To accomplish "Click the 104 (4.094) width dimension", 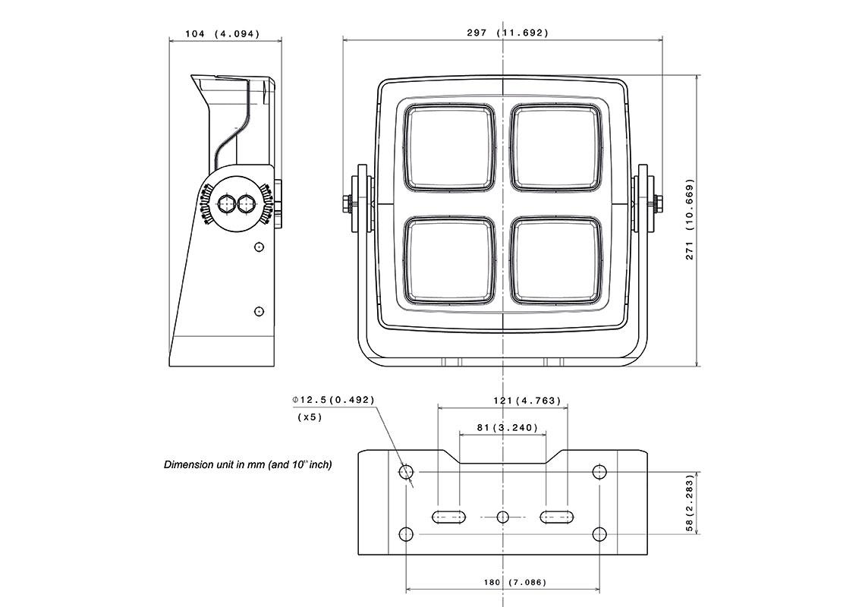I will (222, 33).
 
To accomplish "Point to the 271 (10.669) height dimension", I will (690, 219).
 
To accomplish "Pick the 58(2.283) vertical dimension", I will (690, 504).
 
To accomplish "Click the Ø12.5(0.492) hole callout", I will (334, 400).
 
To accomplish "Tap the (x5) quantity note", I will (310, 417).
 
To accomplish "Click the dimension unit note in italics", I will (247, 464).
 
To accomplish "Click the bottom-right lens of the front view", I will (558, 259).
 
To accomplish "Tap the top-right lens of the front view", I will (558, 147).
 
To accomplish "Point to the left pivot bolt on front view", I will (348, 203).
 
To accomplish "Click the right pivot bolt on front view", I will (657, 203).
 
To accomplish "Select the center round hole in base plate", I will (502, 517).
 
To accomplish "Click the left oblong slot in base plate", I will (448, 517).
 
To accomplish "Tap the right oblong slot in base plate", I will (556, 517).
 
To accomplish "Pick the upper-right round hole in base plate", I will (599, 472).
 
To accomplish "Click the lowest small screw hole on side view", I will (259, 311).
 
